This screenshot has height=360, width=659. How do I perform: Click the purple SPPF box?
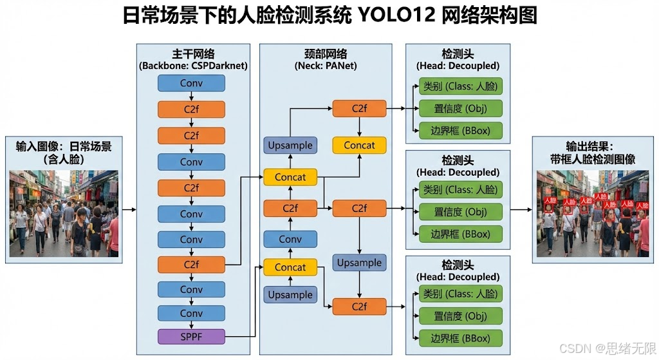coord(192,336)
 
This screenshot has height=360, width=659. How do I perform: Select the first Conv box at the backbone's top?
coord(192,83)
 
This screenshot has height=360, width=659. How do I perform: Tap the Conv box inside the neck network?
coord(290,239)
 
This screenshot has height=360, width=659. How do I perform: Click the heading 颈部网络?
coord(326,54)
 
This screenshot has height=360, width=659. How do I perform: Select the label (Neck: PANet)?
coord(326,66)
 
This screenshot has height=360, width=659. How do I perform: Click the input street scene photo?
coord(64,213)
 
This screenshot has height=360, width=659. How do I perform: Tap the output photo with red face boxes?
coord(593,213)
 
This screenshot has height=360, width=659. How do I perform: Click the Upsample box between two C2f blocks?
coord(359,263)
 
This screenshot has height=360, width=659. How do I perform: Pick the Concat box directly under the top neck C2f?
coord(359,146)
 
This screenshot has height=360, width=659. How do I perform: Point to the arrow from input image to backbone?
coord(129,210)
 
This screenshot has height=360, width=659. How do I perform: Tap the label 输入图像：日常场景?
coord(64,146)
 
